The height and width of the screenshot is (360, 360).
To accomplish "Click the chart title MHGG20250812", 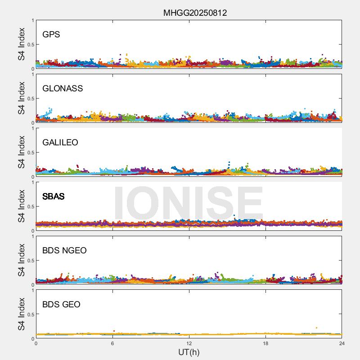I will pyautogui.click(x=195, y=13).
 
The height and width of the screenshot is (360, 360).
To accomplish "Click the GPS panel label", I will pyautogui.click(x=51, y=34).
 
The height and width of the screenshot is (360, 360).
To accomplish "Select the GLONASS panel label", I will pyautogui.click(x=63, y=88).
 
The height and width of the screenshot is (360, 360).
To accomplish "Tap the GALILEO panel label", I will pyautogui.click(x=60, y=142).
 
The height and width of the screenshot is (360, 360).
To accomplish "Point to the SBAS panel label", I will pyautogui.click(x=53, y=196).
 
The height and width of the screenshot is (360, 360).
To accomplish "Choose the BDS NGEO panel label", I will pyautogui.click(x=64, y=250).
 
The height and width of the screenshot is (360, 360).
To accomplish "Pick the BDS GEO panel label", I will pyautogui.click(x=61, y=304).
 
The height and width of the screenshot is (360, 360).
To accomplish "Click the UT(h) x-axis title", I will pyautogui.click(x=189, y=352).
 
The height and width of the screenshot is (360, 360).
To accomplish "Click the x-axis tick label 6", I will pyautogui.click(x=112, y=343).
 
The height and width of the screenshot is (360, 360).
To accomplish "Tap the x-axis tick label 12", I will pyautogui.click(x=189, y=343).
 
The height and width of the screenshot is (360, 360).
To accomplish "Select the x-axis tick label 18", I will pyautogui.click(x=265, y=343).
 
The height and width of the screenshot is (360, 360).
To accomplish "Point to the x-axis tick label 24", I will pyautogui.click(x=342, y=343).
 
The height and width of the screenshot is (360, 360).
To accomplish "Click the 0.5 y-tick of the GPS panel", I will pyautogui.click(x=30, y=45).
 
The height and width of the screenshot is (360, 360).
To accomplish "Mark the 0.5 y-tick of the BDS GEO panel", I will pyautogui.click(x=30, y=315).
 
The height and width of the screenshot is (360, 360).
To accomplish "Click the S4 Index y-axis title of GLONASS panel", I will pyautogui.click(x=22, y=98).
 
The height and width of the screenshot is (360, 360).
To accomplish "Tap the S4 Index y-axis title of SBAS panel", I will pyautogui.click(x=22, y=206).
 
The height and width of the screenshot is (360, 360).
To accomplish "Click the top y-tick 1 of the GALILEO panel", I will pyautogui.click(x=32, y=129).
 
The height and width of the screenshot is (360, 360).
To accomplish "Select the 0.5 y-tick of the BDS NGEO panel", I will pyautogui.click(x=30, y=261).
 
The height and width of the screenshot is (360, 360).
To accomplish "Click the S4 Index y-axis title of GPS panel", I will pyautogui.click(x=22, y=44).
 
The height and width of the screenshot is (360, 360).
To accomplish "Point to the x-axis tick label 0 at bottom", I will pyautogui.click(x=36, y=343).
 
